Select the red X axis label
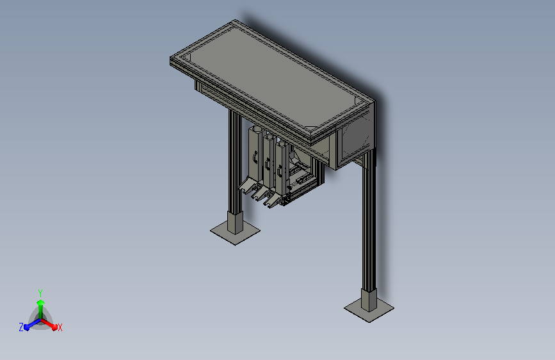pos(60,328)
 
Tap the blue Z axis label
pos(21,327)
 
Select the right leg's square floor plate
pos(369,310)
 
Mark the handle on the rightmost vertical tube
pos(280,170)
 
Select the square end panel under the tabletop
pos(353,138)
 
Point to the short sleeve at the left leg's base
pos(236,222)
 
